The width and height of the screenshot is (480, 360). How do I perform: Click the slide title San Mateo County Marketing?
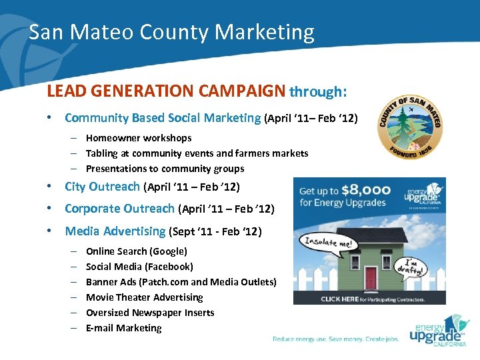[x=171, y=32]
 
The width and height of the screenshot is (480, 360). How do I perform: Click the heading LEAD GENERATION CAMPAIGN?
[x=166, y=91]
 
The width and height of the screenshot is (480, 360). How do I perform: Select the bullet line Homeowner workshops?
[x=139, y=138]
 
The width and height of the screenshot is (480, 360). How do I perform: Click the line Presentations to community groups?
[x=165, y=169]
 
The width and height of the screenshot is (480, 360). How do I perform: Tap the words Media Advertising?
[x=115, y=231]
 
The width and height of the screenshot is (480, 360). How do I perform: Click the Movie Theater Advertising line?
[x=144, y=297]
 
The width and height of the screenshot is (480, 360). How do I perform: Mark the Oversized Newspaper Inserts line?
[x=150, y=313]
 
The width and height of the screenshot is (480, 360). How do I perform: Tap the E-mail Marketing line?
[x=123, y=328]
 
